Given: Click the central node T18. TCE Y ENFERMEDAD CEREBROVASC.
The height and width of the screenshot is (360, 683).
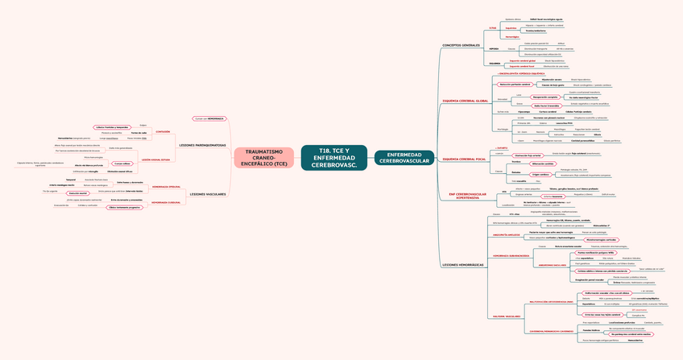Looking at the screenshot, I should point(333,158).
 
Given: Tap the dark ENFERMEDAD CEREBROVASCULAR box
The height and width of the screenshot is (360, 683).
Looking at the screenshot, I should point(404,158).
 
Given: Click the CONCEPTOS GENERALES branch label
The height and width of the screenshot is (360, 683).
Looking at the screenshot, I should point(462,45).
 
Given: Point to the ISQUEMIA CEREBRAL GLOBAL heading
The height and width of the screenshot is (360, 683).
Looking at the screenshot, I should point(466,101).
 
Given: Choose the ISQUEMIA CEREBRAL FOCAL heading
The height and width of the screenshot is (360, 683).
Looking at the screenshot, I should point(464,159).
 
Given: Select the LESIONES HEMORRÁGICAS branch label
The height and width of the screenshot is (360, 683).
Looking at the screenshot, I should point(463,265).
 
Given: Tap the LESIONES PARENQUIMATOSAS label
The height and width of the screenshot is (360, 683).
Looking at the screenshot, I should point(202,145).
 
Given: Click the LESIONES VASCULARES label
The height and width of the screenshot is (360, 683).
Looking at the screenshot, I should point(207,194).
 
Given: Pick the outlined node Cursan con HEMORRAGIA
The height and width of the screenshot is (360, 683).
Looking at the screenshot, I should point(209,118).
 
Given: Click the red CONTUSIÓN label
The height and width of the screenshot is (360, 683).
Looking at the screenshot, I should point(162,131).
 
